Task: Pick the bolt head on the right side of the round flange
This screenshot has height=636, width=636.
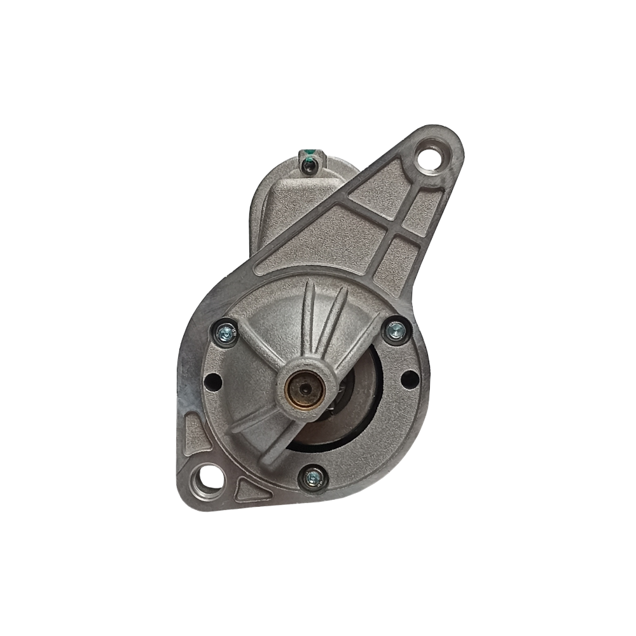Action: [x=396, y=330]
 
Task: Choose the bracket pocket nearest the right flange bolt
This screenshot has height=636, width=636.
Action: [x=397, y=267]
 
